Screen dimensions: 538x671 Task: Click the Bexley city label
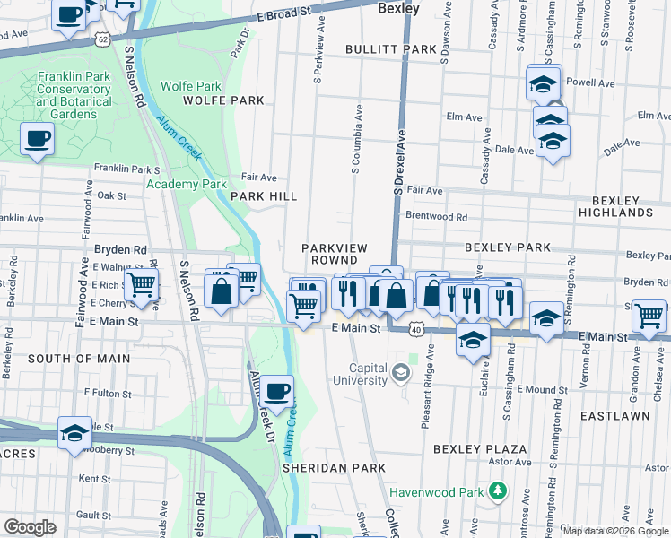[x=398, y=8]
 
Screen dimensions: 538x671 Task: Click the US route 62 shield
[x=104, y=39]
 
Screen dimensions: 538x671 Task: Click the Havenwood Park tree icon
[x=495, y=491]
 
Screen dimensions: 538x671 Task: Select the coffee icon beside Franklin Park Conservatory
[x=37, y=139]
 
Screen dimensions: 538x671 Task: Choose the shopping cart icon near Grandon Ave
[x=649, y=315]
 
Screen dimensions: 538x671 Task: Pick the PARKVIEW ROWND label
[x=335, y=253]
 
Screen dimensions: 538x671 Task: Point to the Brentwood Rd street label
[x=437, y=217]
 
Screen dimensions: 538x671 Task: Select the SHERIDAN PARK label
[x=334, y=468]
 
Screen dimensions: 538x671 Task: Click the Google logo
[x=30, y=527]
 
